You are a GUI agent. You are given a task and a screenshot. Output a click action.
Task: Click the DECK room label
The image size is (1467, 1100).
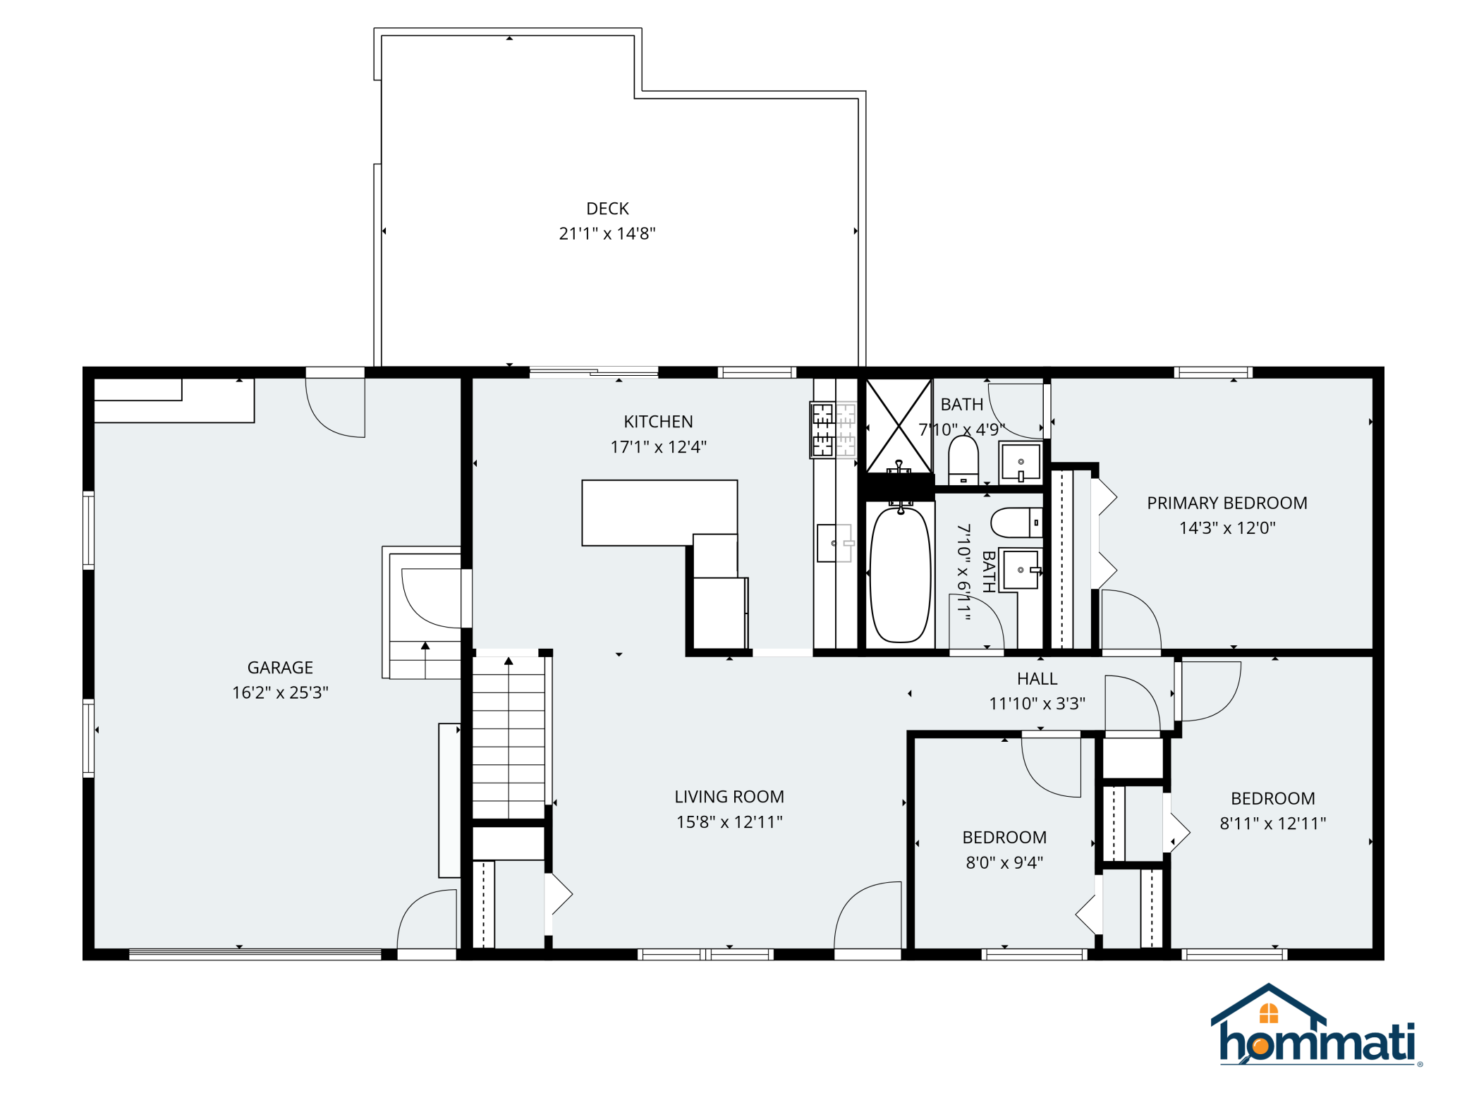(x=607, y=209)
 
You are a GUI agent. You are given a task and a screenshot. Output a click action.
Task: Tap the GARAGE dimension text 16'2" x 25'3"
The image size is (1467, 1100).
(x=280, y=692)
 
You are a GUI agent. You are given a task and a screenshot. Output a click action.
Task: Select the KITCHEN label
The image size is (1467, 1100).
(x=658, y=422)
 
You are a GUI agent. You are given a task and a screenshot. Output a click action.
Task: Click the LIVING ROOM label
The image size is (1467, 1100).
(x=729, y=797)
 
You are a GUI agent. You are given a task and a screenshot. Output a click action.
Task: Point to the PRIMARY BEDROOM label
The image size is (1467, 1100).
(x=1227, y=503)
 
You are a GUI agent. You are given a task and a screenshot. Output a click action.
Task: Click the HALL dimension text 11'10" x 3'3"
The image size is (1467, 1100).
(x=1037, y=704)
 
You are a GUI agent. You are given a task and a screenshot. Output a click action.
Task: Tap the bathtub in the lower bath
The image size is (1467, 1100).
(x=900, y=574)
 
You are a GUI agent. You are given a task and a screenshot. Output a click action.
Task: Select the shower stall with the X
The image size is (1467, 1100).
(x=899, y=426)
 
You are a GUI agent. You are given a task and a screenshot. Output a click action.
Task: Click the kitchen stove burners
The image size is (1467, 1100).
(x=833, y=429)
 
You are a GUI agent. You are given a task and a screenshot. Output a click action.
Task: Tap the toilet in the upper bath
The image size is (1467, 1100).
(x=963, y=460)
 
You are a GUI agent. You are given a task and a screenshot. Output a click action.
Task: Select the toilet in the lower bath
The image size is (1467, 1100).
(x=1016, y=523)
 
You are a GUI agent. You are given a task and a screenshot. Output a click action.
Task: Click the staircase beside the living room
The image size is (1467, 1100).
(x=509, y=737)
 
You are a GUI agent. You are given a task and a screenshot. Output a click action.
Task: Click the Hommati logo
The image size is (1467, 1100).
(x=1317, y=1025)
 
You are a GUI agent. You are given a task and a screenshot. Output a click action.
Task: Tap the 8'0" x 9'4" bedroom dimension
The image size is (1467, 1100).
(x=1004, y=862)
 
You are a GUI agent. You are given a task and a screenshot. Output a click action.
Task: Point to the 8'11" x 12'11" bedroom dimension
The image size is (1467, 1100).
(x=1273, y=824)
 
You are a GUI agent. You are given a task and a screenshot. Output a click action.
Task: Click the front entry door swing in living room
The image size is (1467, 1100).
(x=868, y=915)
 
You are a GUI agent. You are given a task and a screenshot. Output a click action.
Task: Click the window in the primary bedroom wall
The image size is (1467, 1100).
(x=1213, y=372)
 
